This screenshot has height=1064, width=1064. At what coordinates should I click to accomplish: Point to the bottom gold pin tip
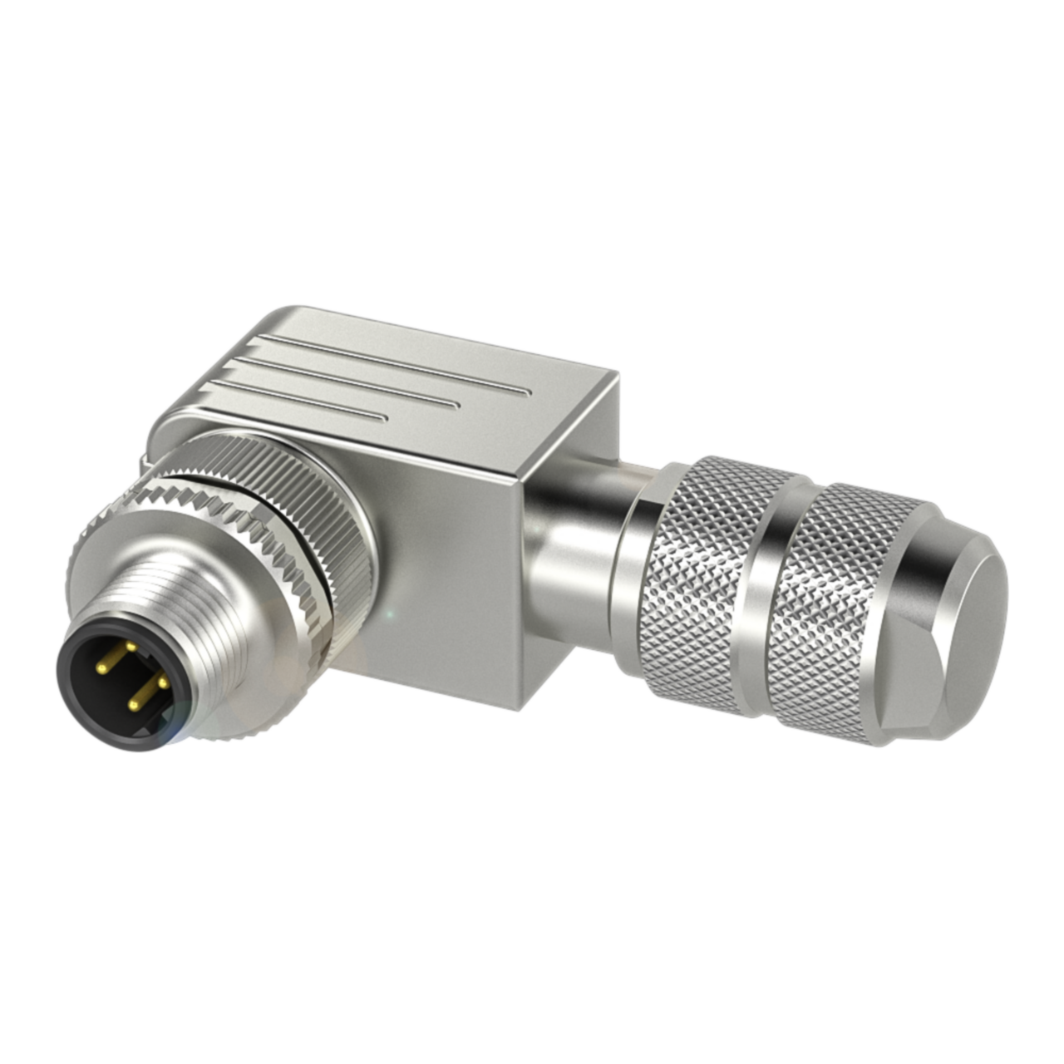(131, 704)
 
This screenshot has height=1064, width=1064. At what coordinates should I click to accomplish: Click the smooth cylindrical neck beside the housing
(574, 532)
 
